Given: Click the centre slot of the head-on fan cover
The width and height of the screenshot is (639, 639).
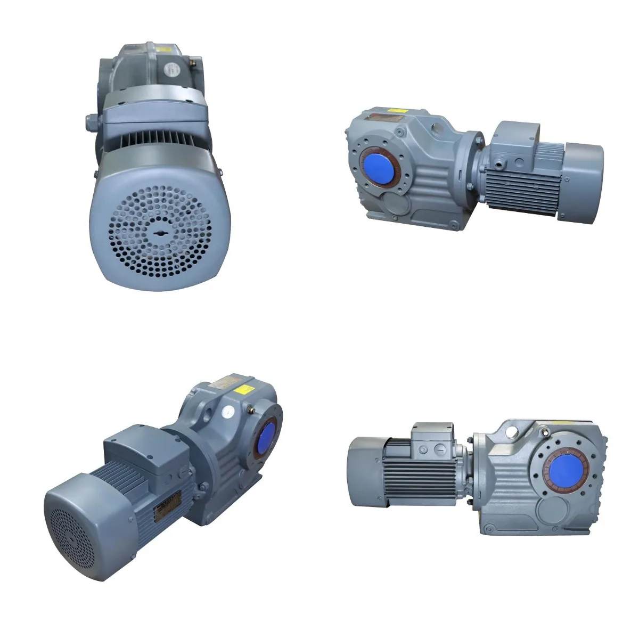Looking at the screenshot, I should (x=161, y=233).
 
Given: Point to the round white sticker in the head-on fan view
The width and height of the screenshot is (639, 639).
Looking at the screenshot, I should (x=173, y=68).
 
